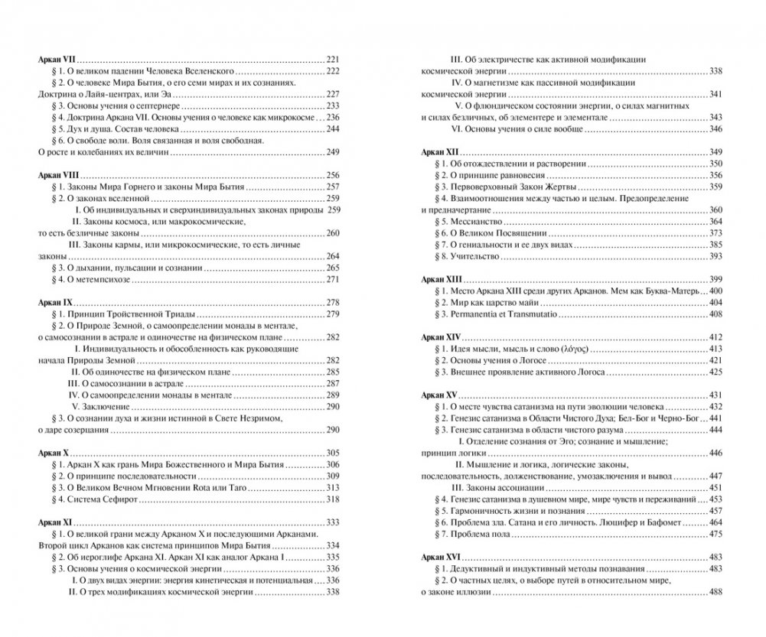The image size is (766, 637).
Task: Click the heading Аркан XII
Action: tap(442, 151)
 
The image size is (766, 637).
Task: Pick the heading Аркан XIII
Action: tap(443, 279)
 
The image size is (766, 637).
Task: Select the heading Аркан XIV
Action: tap(443, 337)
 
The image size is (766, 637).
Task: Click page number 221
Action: tap(332, 59)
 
